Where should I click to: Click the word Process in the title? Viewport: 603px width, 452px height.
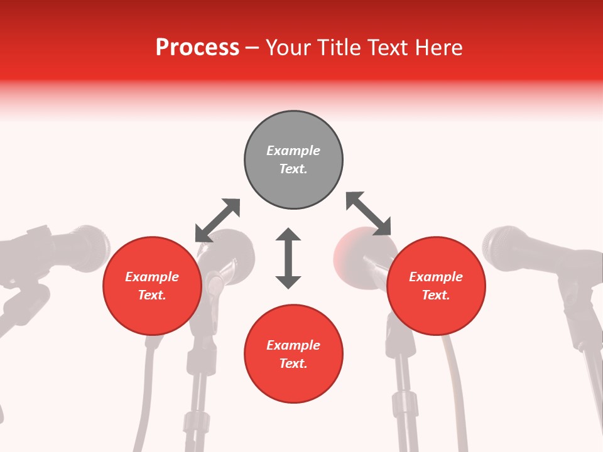197,48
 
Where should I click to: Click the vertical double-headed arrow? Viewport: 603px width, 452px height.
288,258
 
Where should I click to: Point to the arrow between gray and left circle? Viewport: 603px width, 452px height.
217,220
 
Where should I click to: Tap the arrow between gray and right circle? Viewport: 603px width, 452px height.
368,213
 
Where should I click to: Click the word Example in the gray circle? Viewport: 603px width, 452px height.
293,151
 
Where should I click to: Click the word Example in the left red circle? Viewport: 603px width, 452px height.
152,277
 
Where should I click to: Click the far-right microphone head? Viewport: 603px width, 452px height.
506,246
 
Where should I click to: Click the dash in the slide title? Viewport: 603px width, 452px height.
253,48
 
